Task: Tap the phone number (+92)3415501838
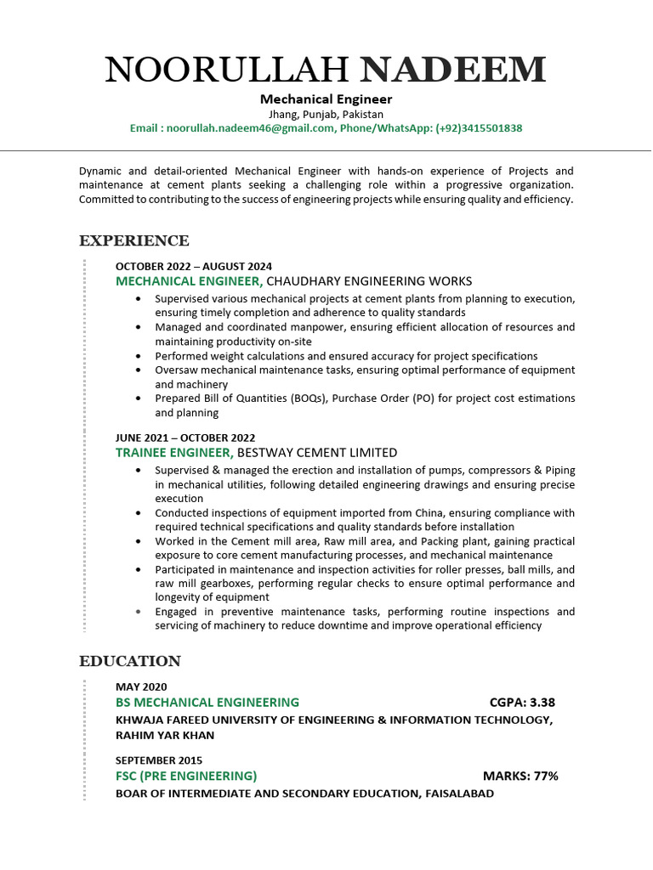pos(479,128)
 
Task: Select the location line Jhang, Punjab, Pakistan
pos(326,114)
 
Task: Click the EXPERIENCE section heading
pos(134,241)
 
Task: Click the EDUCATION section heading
pos(130,661)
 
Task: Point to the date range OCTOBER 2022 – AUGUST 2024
pos(194,266)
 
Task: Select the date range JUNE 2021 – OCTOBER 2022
pos(185,438)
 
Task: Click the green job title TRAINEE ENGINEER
pos(174,453)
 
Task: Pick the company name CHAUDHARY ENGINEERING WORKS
pos(369,281)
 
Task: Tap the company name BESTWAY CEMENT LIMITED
pos(317,453)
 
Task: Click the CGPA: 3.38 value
pos(522,703)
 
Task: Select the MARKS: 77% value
pos(520,776)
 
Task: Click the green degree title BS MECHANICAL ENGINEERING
pos(207,703)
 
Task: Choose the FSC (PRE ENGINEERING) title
pos(186,776)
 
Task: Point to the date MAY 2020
pos(141,686)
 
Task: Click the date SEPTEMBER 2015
pos(159,760)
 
